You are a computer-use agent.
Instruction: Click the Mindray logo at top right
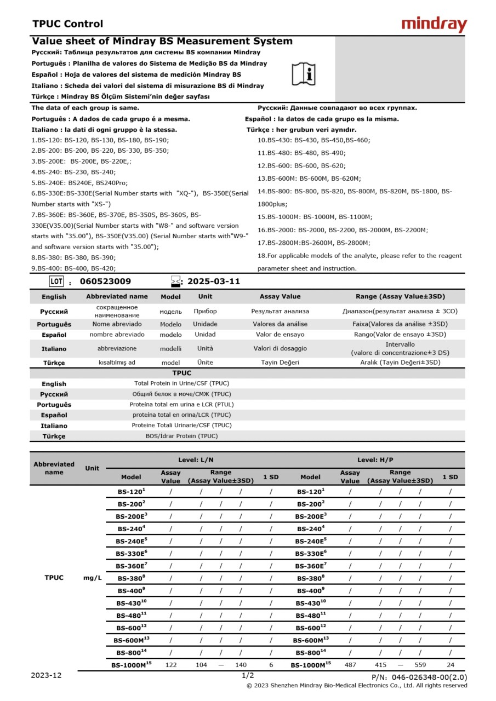click(434, 24)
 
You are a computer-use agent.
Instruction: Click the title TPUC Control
click(67, 24)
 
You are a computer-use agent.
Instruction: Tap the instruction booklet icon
click(303, 73)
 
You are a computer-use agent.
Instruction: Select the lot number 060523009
click(105, 281)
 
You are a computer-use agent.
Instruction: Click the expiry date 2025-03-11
click(214, 281)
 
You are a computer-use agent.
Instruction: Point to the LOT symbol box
click(56, 281)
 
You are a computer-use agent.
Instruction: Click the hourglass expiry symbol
click(176, 281)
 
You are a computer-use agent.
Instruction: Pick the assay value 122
click(170, 664)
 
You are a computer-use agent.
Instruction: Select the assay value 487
click(350, 664)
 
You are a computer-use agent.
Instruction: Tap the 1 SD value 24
click(450, 664)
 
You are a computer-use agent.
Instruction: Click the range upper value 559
click(420, 664)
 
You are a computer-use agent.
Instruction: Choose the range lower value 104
click(201, 664)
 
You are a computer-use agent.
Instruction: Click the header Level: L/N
click(196, 460)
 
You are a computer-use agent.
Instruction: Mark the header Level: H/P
click(375, 460)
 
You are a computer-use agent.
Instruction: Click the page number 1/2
click(248, 675)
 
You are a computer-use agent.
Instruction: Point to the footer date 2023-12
click(46, 675)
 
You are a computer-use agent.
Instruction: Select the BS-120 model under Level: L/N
click(131, 492)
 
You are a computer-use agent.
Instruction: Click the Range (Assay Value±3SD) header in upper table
click(400, 296)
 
